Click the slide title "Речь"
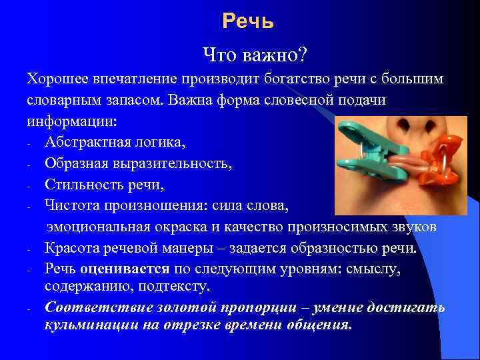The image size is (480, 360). pos(248,22)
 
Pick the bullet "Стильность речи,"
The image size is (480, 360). pos(100,185)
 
